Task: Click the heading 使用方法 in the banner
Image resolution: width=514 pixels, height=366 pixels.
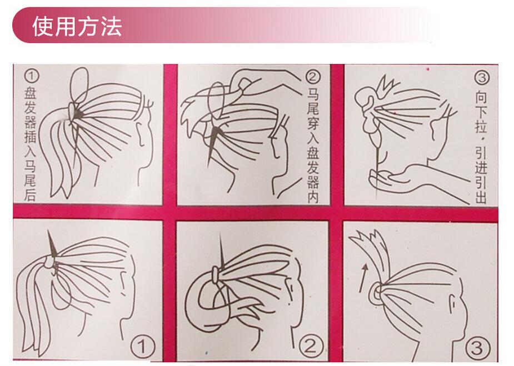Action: coord(77,26)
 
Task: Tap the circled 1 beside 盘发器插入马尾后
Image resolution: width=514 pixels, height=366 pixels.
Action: coord(31,76)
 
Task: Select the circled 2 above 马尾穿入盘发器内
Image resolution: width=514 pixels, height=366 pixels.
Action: coord(313,77)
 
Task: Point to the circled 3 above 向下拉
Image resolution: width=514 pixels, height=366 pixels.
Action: coord(482,78)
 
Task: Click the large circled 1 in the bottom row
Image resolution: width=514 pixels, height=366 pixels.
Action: coord(143,346)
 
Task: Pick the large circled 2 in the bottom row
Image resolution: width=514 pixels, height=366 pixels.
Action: coord(311,346)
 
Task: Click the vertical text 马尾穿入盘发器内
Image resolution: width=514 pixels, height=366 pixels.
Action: coord(313,146)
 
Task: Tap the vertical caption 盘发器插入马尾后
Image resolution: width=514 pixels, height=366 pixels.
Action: coord(30,144)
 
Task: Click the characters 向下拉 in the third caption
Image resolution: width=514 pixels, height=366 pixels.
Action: coord(481,112)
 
